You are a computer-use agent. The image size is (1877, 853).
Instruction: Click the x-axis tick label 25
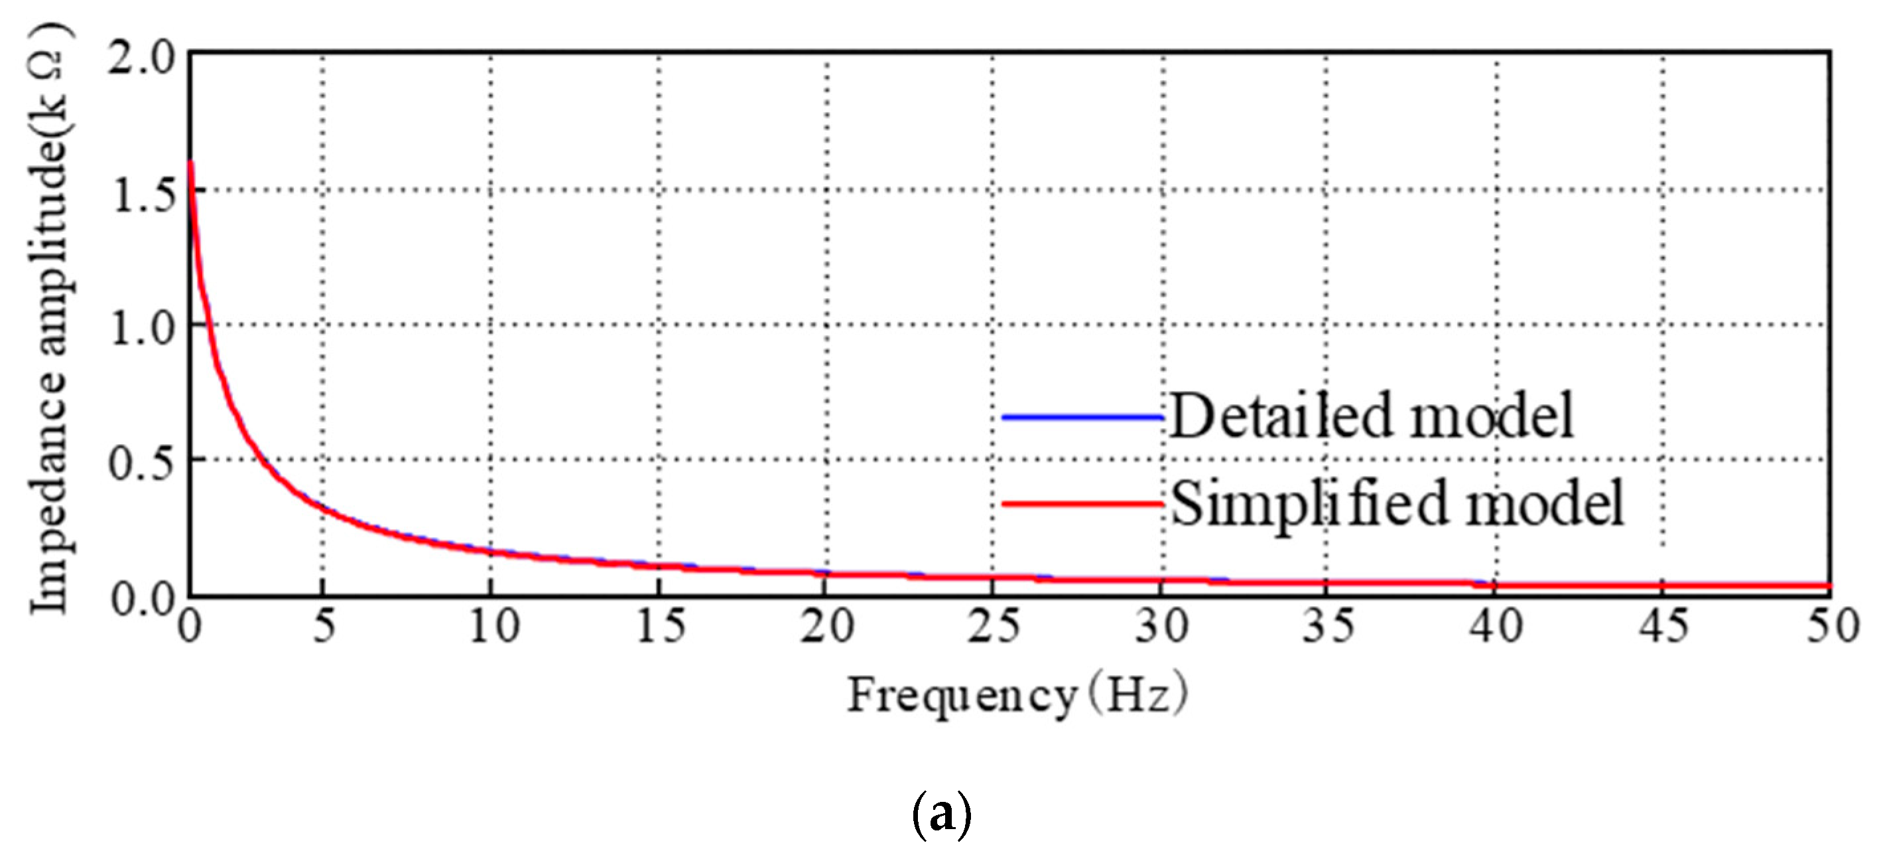pos(994,625)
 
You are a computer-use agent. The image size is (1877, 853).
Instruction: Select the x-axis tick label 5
pos(324,625)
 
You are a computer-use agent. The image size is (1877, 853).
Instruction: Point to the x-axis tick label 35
pos(1328,625)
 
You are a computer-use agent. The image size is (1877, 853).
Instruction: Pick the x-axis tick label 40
pos(1495,625)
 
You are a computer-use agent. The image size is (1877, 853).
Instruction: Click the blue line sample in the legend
pos(1083,417)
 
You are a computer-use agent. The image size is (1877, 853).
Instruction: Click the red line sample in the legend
pos(1083,503)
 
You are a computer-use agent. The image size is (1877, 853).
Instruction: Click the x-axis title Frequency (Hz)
pos(1017,696)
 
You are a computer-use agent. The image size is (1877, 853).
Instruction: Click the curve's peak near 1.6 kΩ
pos(191,163)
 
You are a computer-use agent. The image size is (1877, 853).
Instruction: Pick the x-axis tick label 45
pos(1664,625)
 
